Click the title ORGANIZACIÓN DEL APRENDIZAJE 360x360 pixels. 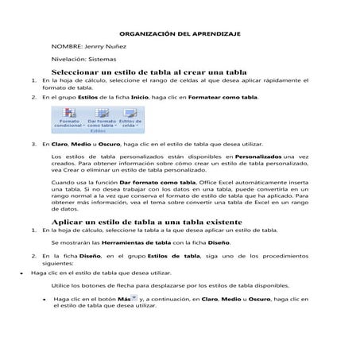click(x=179, y=35)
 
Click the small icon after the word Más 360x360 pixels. click(x=134, y=297)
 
